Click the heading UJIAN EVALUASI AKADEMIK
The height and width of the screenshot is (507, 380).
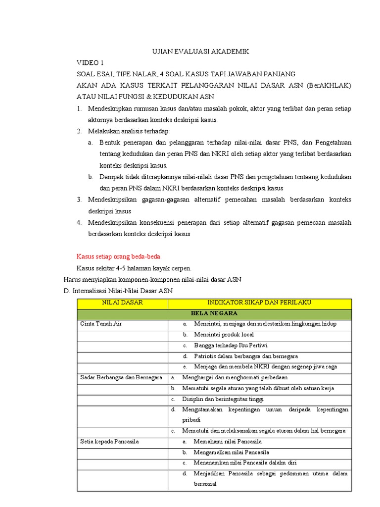pyautogui.click(x=200, y=51)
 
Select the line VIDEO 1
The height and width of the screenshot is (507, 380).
pyautogui.click(x=90, y=63)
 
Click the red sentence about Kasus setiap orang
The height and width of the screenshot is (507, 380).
pyautogui.click(x=119, y=256)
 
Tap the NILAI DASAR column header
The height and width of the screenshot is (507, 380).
pyautogui.click(x=122, y=303)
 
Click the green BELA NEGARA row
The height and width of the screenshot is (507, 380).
pyautogui.click(x=214, y=313)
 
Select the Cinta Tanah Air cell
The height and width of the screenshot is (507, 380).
pyautogui.click(x=101, y=324)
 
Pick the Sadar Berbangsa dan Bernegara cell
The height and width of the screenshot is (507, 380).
pyautogui.click(x=121, y=377)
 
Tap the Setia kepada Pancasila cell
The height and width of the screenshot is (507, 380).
pyautogui.click(x=109, y=441)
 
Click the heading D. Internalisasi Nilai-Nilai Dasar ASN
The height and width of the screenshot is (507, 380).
pyautogui.click(x=119, y=291)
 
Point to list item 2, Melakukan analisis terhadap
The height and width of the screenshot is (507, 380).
pyautogui.click(x=128, y=131)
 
